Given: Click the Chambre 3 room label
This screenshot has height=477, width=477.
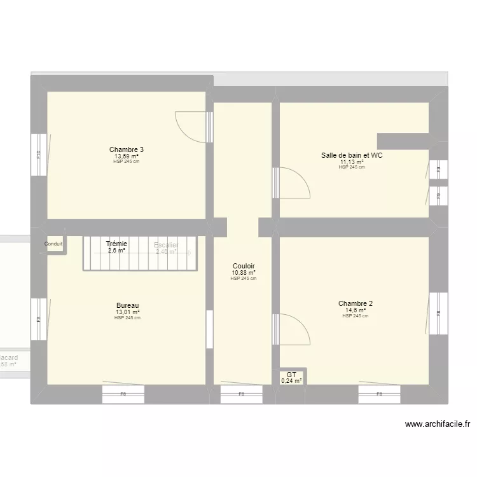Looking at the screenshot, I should (126, 150).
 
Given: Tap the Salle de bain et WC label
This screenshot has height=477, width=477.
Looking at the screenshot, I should (352, 155).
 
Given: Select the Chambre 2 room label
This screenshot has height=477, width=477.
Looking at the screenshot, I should (356, 303).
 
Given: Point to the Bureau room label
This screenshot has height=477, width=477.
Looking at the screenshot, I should (127, 305).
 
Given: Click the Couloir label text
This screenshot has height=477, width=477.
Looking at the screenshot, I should (244, 266).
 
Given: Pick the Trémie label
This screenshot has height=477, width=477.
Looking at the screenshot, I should (116, 244).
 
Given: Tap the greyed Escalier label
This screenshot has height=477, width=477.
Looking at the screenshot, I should (166, 245).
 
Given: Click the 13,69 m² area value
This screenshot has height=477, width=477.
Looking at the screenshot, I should (126, 156).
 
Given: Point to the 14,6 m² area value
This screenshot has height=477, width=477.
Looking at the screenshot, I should (356, 310).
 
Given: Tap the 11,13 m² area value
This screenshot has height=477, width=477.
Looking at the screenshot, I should (352, 162).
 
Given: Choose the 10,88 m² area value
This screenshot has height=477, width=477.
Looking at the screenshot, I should (244, 273).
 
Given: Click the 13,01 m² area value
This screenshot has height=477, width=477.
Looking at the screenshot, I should (127, 312).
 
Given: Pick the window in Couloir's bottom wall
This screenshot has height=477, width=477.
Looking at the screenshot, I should (241, 394).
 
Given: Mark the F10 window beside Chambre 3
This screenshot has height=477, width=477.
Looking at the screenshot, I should (39, 154).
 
